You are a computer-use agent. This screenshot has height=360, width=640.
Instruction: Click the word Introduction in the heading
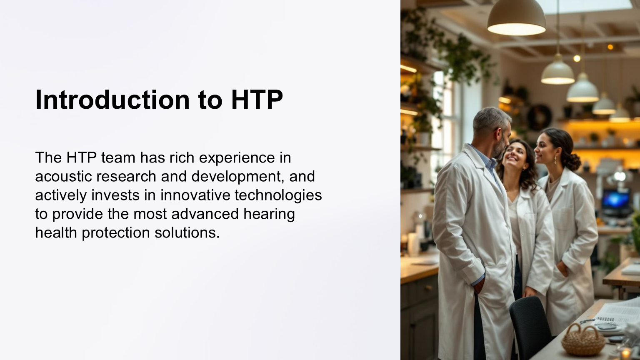tap(112, 100)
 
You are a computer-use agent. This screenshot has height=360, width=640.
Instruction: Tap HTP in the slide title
tap(257, 100)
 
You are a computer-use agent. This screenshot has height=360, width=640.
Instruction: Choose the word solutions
tap(187, 232)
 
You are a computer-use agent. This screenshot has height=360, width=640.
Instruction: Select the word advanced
tap(205, 214)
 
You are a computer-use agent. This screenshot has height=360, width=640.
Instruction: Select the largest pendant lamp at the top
tap(516, 18)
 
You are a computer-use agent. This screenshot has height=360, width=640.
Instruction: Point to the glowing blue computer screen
tap(615, 200)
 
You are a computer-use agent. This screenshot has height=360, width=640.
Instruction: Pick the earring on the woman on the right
tap(555, 160)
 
